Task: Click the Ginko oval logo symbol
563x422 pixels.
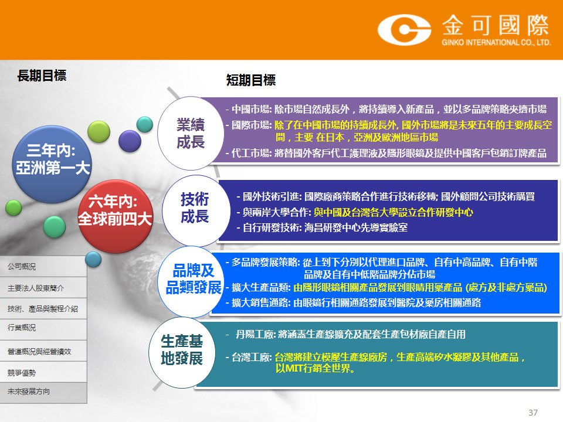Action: [404, 30]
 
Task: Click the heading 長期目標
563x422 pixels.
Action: [42, 76]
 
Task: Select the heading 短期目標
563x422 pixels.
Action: [251, 80]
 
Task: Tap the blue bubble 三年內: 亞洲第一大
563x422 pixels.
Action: [52, 164]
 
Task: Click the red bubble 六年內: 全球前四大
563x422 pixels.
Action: [116, 216]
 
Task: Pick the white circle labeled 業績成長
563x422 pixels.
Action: [191, 133]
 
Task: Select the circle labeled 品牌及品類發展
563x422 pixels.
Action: [192, 281]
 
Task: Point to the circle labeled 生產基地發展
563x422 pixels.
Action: [182, 352]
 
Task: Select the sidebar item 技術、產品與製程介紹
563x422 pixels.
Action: [43, 309]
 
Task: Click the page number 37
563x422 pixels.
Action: [533, 413]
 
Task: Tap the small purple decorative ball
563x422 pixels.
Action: [130, 141]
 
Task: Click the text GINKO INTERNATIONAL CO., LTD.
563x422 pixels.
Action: [496, 42]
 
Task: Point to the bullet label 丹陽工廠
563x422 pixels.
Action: [255, 335]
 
